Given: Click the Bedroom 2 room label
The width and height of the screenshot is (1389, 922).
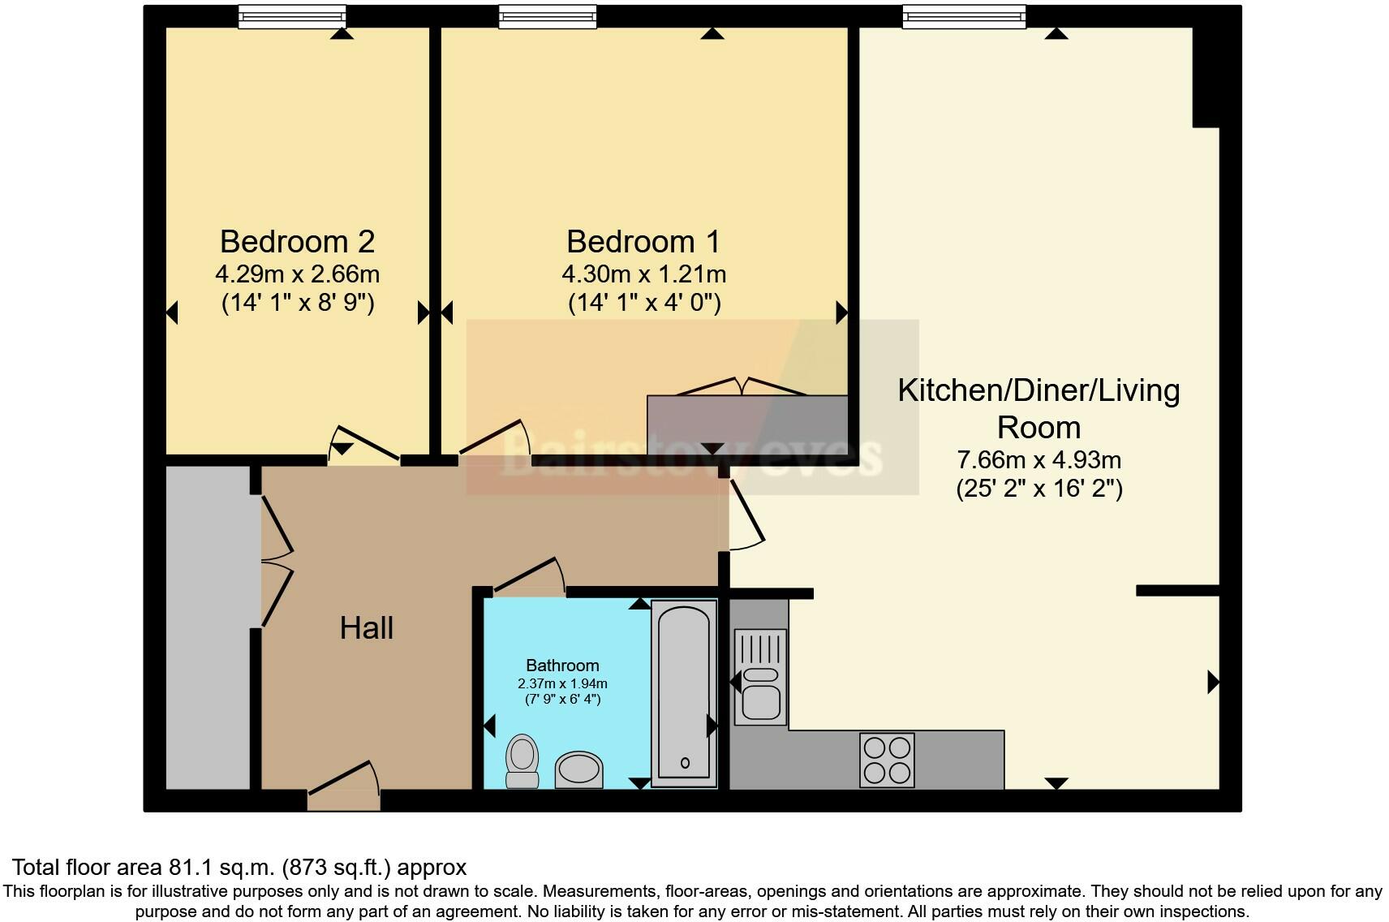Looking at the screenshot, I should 297,242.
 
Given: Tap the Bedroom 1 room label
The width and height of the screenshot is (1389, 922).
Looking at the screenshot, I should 643,242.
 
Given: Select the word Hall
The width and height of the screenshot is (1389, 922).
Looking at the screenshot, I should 367,627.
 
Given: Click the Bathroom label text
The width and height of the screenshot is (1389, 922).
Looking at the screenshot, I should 562,666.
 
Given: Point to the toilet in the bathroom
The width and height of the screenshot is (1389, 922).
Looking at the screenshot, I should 522,760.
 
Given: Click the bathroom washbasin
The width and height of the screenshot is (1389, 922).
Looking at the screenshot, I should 579,769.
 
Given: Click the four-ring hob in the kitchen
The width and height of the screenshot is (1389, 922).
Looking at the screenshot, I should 887,760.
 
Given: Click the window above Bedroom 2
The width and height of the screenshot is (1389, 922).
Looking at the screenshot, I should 292,16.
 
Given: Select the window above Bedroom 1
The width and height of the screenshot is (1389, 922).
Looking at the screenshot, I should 548,16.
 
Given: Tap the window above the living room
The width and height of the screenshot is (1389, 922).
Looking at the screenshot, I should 964,16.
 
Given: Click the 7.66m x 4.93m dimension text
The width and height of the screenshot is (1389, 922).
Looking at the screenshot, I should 1039,460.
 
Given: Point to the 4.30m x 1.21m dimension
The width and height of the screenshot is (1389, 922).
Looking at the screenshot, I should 643,274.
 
